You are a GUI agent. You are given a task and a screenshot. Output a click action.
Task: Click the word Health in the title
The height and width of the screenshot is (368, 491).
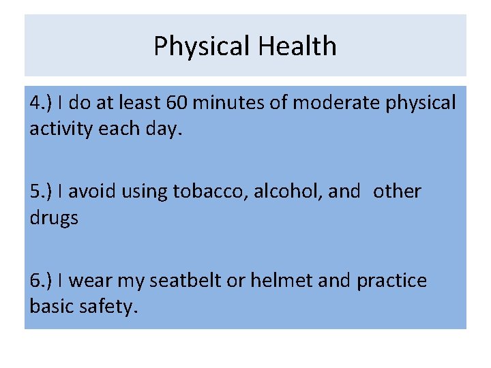[297, 47]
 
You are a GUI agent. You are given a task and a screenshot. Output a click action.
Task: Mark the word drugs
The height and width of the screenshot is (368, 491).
[54, 219]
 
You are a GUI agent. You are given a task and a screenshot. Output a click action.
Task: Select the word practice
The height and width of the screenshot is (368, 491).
[392, 281]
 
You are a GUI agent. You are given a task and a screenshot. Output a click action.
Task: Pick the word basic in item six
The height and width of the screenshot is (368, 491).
[53, 307]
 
